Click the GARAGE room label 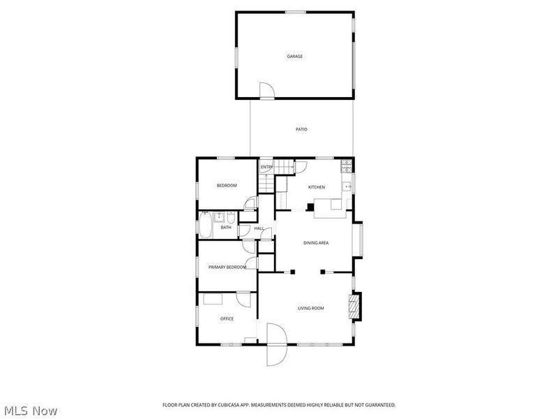pos(295,57)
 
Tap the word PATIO pos(301,129)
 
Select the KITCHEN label pos(317,187)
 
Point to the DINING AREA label pos(316,243)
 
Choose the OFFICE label pos(227,318)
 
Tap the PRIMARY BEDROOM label pos(227,267)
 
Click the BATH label pos(226,227)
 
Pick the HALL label pos(258,228)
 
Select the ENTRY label pos(266,168)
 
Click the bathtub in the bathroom pos(206,225)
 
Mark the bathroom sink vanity pos(218,216)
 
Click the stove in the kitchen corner pos(345,166)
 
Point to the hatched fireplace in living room pos(355,307)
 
